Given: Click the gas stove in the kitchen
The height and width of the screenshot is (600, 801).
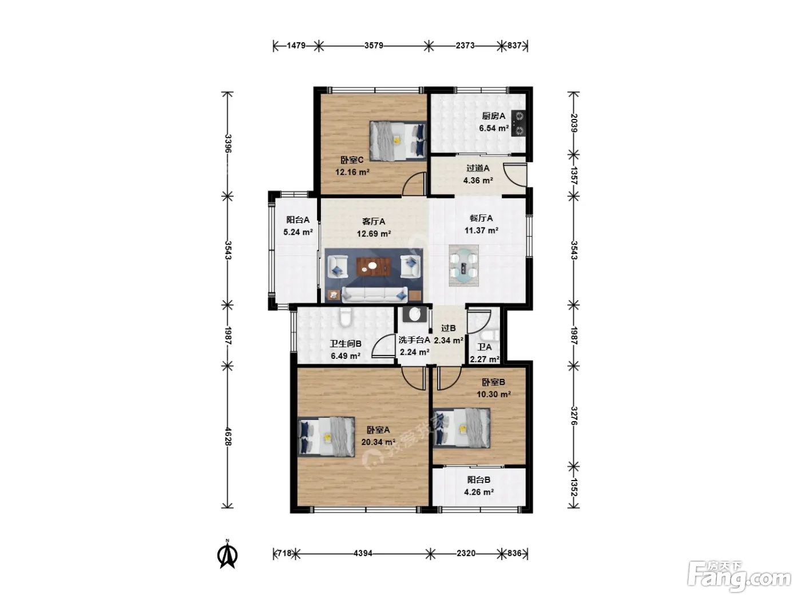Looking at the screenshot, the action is click(518, 123).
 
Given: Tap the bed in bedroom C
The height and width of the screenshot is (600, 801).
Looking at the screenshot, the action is click(398, 141).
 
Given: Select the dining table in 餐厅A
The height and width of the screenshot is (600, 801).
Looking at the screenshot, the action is click(463, 265).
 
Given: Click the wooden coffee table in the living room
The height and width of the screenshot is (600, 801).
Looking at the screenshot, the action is click(373, 267).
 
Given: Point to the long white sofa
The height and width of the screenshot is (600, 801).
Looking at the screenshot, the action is click(375, 294).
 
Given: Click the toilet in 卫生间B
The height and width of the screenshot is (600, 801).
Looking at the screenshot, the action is click(345, 317).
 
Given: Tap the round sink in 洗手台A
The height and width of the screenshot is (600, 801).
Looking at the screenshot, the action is click(415, 314).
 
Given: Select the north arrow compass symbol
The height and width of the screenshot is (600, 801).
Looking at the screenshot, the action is click(227, 554).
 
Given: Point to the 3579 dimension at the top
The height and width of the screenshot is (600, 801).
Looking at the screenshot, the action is click(374, 46).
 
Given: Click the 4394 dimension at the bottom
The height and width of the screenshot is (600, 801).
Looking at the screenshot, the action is click(363, 553).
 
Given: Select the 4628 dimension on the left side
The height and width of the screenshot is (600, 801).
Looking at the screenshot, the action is click(228, 437).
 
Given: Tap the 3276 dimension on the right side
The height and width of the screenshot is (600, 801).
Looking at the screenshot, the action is click(574, 415).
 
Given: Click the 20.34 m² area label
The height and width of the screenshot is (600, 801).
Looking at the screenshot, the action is click(378, 442).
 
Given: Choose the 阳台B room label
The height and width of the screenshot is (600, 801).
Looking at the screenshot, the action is click(479, 480).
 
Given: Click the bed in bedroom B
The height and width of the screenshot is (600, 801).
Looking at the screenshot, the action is click(461, 428).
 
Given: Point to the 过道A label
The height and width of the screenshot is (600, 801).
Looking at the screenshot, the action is click(478, 169).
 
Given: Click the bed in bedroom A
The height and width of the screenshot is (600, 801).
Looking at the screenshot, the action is click(326, 437).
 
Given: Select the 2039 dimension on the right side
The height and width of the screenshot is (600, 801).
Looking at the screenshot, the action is click(574, 123).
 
